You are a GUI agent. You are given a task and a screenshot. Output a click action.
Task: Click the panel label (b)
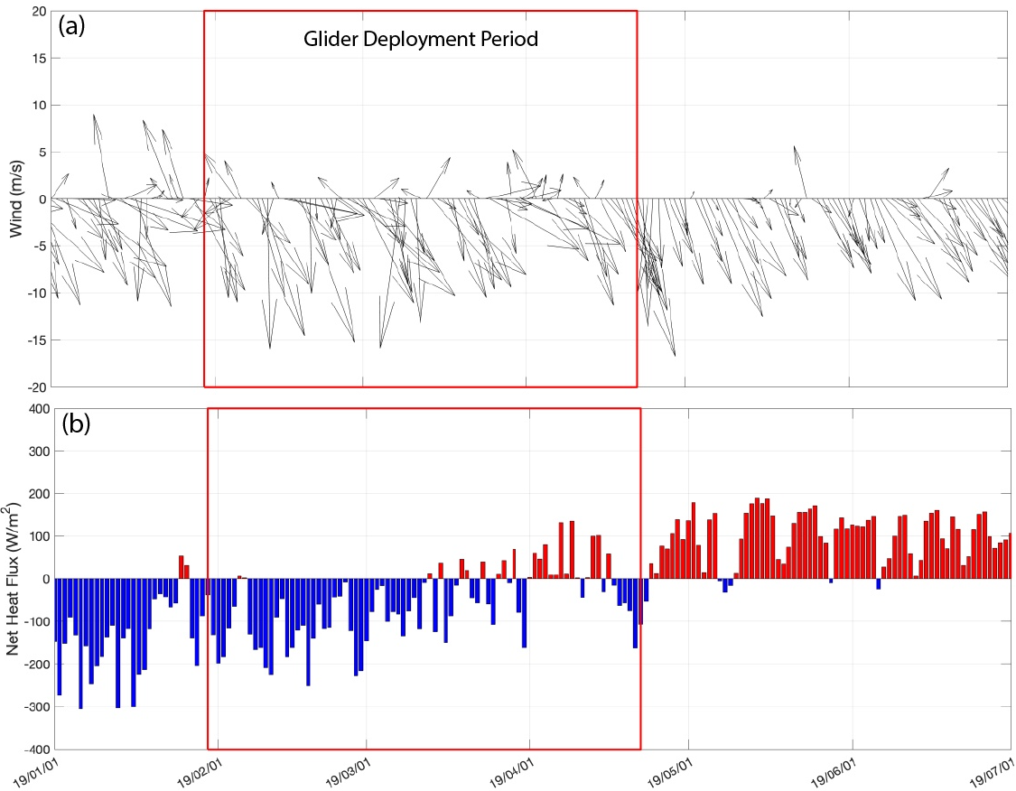(75, 425)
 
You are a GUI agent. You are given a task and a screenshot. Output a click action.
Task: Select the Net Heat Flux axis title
(16, 579)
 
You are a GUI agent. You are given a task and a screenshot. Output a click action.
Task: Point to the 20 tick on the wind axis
(37, 11)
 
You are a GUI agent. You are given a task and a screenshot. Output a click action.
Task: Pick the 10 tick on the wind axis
(37, 105)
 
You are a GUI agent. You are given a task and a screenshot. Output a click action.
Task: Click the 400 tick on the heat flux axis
(33, 408)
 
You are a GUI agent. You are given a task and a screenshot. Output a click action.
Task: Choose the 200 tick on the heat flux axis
(33, 494)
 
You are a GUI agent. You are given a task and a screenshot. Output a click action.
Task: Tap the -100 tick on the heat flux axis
(31, 622)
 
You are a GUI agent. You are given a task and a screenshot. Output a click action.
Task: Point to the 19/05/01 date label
(674, 772)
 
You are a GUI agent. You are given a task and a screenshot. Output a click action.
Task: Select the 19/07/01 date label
(993, 772)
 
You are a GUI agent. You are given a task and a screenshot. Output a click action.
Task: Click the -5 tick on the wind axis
(36, 246)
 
